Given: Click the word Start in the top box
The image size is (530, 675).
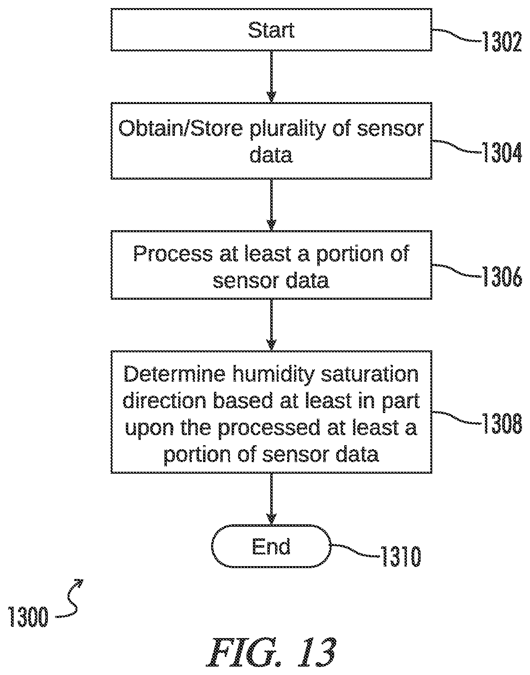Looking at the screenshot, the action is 271,30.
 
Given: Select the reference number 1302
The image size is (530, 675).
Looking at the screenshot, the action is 502,42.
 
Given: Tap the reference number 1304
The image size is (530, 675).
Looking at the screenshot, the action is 502,153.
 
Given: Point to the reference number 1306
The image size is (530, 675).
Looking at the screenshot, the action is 502,278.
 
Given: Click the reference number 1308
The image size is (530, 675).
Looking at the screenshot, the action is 502,424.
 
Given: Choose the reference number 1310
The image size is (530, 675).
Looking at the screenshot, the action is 401,557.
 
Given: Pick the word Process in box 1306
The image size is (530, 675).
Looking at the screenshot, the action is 173,254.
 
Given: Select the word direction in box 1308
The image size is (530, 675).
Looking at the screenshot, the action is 165,401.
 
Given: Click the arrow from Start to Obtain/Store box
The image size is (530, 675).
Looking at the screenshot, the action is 271,76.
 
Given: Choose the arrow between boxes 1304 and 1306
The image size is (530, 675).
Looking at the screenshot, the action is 271,205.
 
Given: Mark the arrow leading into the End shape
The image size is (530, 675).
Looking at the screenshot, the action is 271,499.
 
